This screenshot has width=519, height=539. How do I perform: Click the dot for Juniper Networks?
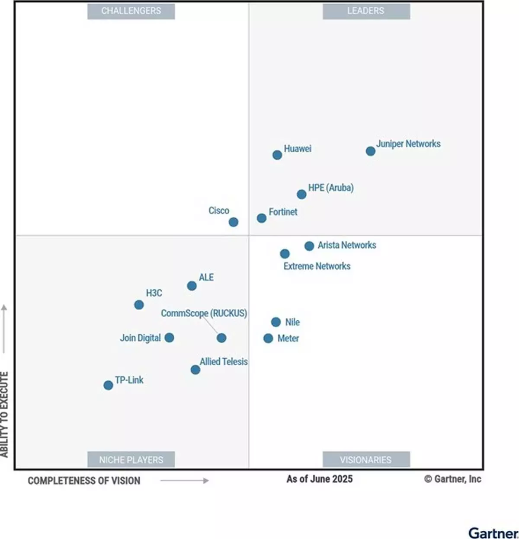[370, 151]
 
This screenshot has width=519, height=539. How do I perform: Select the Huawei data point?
[277, 155]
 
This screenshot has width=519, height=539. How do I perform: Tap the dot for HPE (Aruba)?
[301, 194]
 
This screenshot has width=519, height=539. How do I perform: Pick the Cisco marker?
[233, 222]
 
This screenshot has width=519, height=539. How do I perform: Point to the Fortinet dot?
[261, 218]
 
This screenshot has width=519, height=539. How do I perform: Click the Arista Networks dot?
[309, 246]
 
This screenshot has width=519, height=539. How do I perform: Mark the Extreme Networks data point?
[285, 254]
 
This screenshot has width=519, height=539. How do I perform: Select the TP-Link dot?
[108, 385]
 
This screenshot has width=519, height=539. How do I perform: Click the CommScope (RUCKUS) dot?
[221, 338]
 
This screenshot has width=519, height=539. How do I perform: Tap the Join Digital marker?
[170, 338]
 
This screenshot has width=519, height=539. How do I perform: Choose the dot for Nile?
[276, 322]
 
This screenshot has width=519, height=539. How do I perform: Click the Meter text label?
[288, 338]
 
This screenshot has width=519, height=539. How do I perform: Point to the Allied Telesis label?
[224, 361]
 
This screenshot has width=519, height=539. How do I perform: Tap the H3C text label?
[154, 293]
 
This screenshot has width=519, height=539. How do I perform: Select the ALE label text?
[206, 277]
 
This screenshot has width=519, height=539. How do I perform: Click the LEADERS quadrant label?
[366, 11]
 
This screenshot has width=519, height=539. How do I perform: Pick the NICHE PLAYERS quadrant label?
[131, 459]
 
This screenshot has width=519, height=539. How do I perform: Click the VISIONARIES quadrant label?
[366, 459]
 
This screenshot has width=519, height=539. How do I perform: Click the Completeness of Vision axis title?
[84, 481]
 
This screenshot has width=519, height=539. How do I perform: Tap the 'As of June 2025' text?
[319, 479]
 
